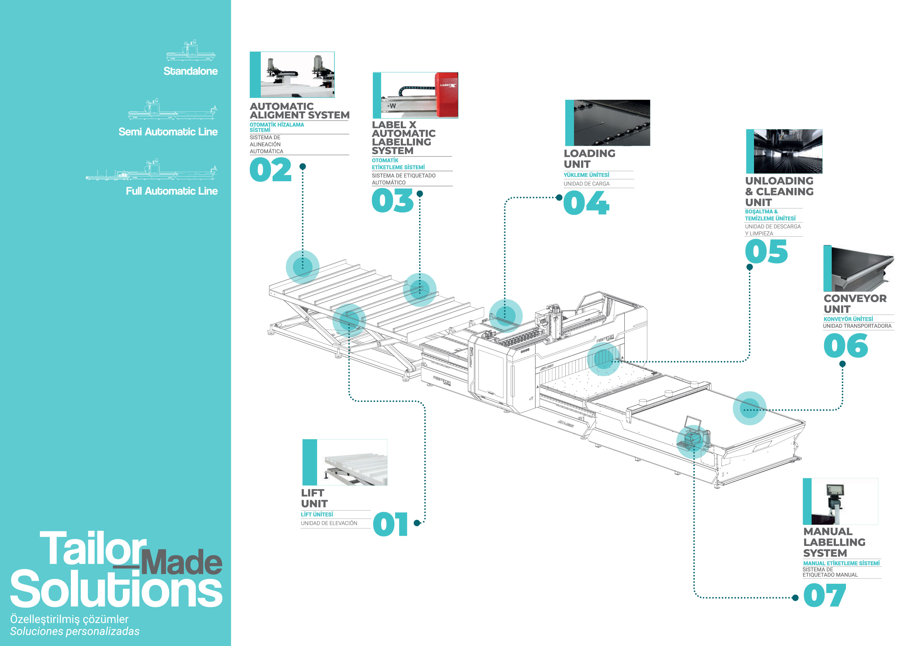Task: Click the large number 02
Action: click(x=271, y=170)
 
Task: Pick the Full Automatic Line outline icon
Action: click(x=152, y=170)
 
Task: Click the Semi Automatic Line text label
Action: click(x=168, y=132)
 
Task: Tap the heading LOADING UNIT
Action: click(x=589, y=158)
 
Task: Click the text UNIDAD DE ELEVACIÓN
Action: click(x=329, y=523)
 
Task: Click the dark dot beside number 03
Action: click(x=419, y=194)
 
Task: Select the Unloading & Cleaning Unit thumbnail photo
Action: click(x=784, y=151)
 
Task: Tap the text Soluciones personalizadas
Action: click(x=75, y=631)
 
